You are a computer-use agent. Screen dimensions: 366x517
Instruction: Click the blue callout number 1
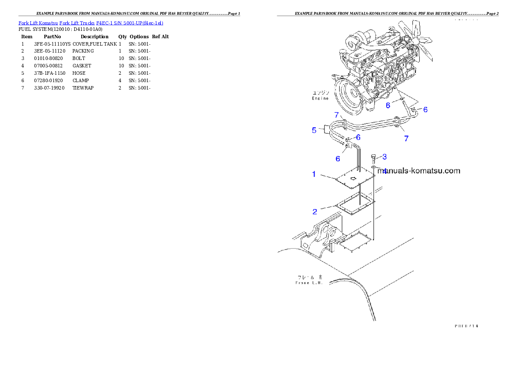click(314, 174)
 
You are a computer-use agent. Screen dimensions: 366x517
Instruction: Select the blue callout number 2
click(315, 212)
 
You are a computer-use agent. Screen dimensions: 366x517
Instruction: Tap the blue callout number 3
click(384, 156)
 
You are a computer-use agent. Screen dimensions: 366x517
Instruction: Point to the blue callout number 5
click(314, 130)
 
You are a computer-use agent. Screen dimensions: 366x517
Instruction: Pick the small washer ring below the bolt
click(374, 167)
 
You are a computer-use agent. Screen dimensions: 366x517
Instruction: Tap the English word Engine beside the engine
click(320, 99)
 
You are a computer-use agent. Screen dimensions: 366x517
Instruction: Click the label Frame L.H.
click(308, 283)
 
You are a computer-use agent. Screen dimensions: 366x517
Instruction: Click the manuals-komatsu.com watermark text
click(418, 171)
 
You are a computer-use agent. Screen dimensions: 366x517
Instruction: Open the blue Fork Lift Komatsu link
click(91, 23)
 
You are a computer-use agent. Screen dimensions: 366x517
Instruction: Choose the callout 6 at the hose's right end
click(425, 110)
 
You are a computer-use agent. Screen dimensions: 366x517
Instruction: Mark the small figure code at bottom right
click(466, 325)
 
